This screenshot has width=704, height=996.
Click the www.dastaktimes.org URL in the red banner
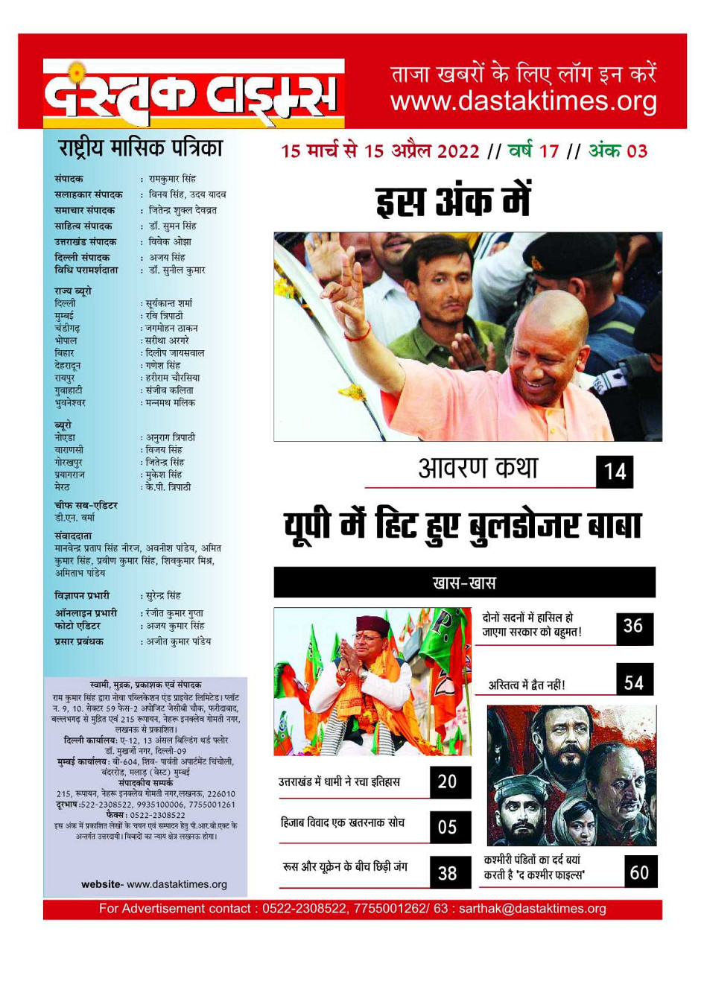(524, 101)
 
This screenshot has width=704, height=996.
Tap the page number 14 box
(615, 472)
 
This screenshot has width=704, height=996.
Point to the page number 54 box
(634, 681)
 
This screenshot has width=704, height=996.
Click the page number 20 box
(448, 781)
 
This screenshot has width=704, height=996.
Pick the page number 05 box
(448, 826)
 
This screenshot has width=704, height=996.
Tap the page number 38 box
(448, 872)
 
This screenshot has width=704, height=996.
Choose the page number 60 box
(640, 872)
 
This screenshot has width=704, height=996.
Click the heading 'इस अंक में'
(453, 202)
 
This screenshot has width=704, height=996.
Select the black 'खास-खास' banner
(464, 583)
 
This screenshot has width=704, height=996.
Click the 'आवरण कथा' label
(478, 469)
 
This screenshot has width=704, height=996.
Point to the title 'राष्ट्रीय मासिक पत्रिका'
(141, 148)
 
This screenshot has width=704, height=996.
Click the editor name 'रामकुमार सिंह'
(172, 179)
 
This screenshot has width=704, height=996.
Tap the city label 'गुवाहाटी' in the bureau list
(69, 390)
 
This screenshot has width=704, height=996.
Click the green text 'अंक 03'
(618, 151)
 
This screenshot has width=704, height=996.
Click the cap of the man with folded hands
(373, 624)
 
